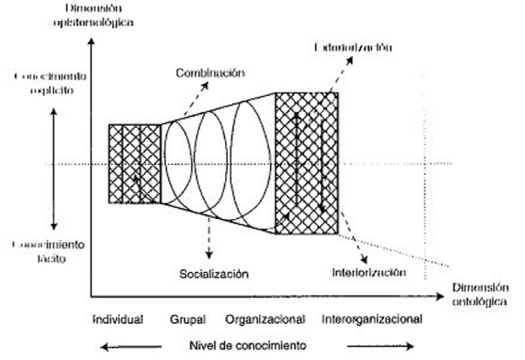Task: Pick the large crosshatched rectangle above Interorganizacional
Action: [x=307, y=163]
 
